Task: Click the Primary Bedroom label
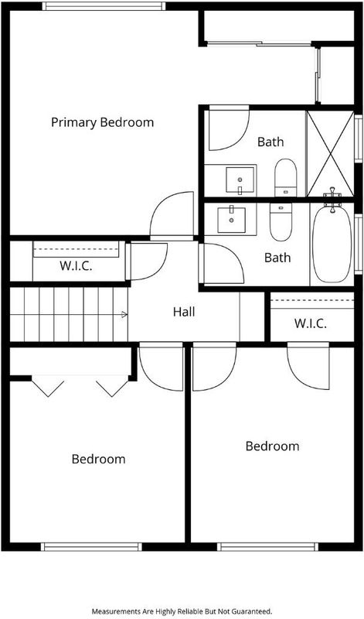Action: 102,122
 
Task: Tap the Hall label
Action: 184,312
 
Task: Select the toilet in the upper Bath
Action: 285,177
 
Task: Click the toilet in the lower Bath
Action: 281,221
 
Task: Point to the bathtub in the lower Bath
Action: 332,243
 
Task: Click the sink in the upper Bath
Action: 240,180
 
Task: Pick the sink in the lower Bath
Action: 232,219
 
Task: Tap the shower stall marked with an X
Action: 330,153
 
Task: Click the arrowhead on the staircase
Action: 124,314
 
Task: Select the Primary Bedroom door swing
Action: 172,215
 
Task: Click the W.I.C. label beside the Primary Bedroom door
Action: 76,265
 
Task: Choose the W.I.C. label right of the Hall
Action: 311,324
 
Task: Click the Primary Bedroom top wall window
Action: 104,6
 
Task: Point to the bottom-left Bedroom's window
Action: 91,547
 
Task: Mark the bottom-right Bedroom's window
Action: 267,547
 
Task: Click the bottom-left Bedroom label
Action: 99,459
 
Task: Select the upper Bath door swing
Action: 229,128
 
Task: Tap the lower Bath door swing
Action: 222,263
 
